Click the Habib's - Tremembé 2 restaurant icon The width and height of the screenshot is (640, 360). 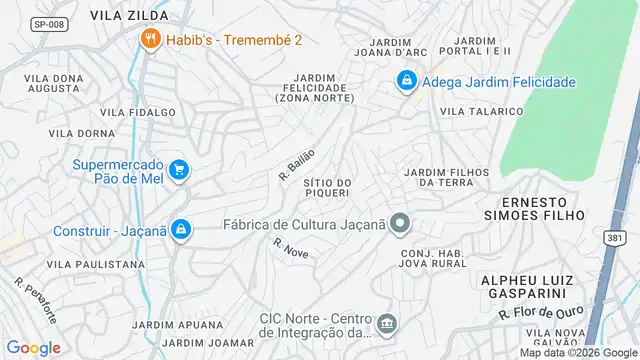[150, 40]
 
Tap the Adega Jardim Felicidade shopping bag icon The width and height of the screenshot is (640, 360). [406, 81]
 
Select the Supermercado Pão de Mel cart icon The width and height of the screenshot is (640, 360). [178, 170]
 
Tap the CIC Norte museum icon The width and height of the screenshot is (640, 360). [387, 325]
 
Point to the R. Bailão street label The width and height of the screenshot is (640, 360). [297, 164]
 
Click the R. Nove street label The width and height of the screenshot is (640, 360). [290, 248]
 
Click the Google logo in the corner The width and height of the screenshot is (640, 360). [34, 347]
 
